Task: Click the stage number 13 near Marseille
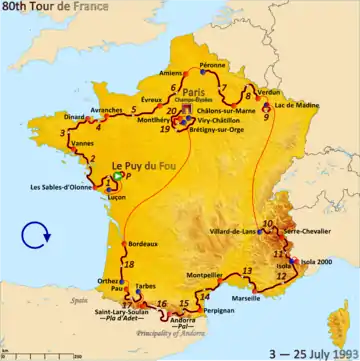pos(246,272)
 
